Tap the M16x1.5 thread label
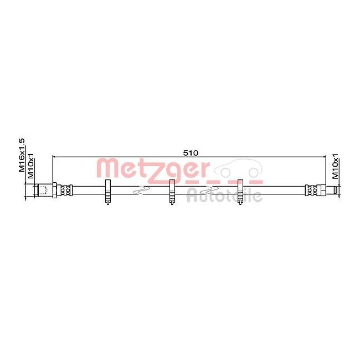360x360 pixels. tap(22, 157)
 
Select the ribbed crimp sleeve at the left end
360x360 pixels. tap(65, 190)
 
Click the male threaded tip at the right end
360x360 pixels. tap(332, 190)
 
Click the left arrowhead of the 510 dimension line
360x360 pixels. tap(55, 157)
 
